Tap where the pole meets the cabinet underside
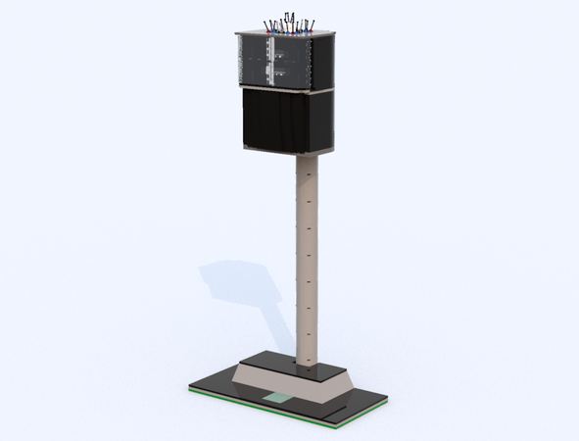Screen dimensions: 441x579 (307, 159)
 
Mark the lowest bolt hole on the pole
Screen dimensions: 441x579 (313, 362)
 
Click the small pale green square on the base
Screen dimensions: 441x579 (279, 399)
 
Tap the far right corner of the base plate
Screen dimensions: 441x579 (387, 400)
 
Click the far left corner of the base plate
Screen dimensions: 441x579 (189, 387)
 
